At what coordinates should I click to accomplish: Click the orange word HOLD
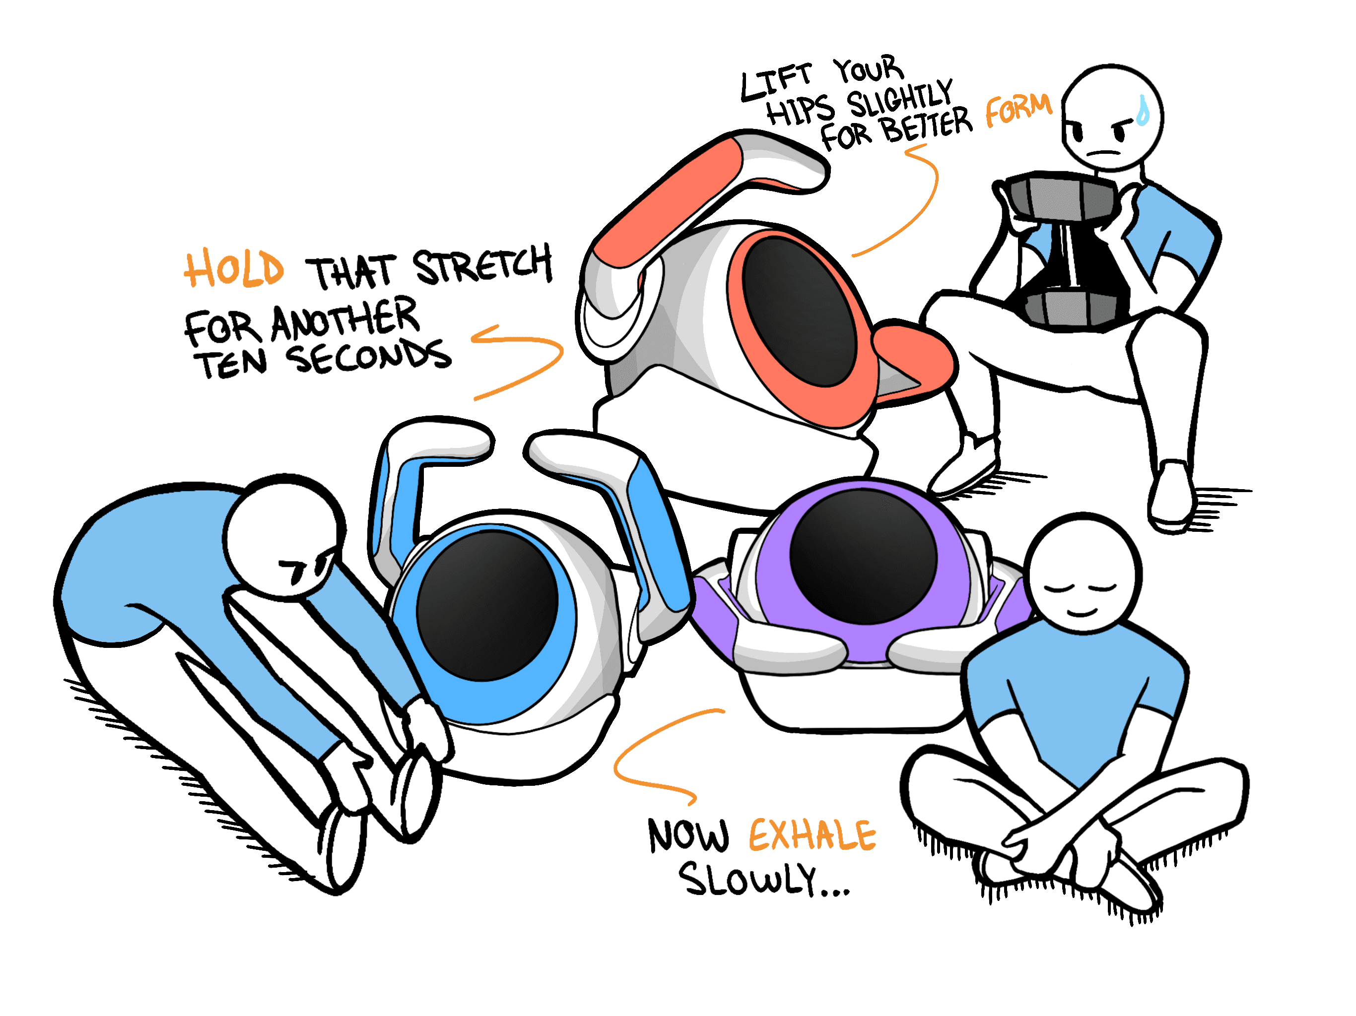234,269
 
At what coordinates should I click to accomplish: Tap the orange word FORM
1018,110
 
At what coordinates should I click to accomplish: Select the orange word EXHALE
812,835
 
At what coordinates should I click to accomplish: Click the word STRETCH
482,265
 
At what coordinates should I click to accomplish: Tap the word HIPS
800,110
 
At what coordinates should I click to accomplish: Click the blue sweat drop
1142,112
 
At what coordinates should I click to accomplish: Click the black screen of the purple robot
863,555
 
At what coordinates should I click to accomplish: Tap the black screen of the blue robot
487,605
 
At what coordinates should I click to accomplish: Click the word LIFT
775,83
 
